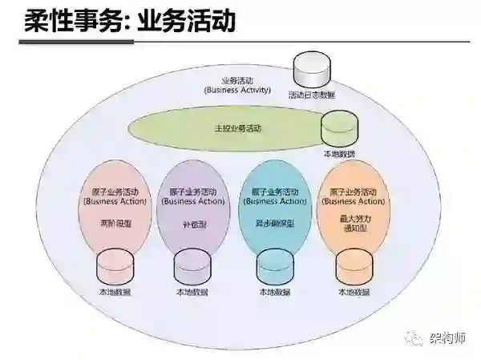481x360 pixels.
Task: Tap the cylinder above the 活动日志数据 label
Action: [x=312, y=72]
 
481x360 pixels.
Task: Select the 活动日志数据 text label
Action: [x=312, y=95]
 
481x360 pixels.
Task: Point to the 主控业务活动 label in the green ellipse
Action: [x=238, y=127]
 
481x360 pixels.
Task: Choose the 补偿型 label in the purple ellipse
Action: [x=193, y=225]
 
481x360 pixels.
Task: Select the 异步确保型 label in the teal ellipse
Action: [x=274, y=225]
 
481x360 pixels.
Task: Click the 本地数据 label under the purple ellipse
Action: [x=192, y=293]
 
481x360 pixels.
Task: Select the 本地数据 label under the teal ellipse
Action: [x=273, y=293]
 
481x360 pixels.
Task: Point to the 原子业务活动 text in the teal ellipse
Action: [x=274, y=192]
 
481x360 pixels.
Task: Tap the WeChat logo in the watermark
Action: [x=418, y=339]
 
